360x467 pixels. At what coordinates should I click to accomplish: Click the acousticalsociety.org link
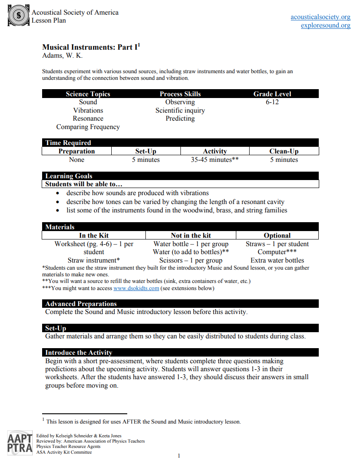pyautogui.click(x=320, y=17)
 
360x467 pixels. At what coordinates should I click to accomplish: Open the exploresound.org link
pyautogui.click(x=325, y=25)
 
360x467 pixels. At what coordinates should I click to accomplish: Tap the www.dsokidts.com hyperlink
pyautogui.click(x=136, y=288)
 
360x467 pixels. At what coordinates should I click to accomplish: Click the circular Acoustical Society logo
pyautogui.click(x=19, y=16)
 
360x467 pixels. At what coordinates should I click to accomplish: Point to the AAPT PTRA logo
pyautogui.click(x=20, y=443)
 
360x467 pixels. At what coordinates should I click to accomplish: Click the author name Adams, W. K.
pyautogui.click(x=62, y=55)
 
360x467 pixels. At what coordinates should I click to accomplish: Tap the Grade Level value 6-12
pyautogui.click(x=272, y=102)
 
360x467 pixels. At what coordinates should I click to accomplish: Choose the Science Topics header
pyautogui.click(x=88, y=94)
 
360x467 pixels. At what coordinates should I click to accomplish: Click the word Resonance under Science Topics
pyautogui.click(x=88, y=118)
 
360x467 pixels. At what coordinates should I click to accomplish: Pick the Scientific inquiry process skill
pyautogui.click(x=180, y=110)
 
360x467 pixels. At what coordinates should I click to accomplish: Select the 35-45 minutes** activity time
pyautogui.click(x=215, y=160)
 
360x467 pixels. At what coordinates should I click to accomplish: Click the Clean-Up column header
pyautogui.click(x=284, y=151)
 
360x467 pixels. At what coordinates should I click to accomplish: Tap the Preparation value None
pyautogui.click(x=77, y=160)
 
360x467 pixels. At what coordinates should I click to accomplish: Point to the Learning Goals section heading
pyautogui.click(x=69, y=176)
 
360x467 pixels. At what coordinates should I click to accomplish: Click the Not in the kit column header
pyautogui.click(x=191, y=235)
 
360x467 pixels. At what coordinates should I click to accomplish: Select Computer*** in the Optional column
pyautogui.click(x=277, y=252)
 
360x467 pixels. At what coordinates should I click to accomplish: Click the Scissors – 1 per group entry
pyautogui.click(x=191, y=260)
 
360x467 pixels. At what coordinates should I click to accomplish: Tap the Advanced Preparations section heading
pyautogui.click(x=81, y=304)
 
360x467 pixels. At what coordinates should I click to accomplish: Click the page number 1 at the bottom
pyautogui.click(x=179, y=455)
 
